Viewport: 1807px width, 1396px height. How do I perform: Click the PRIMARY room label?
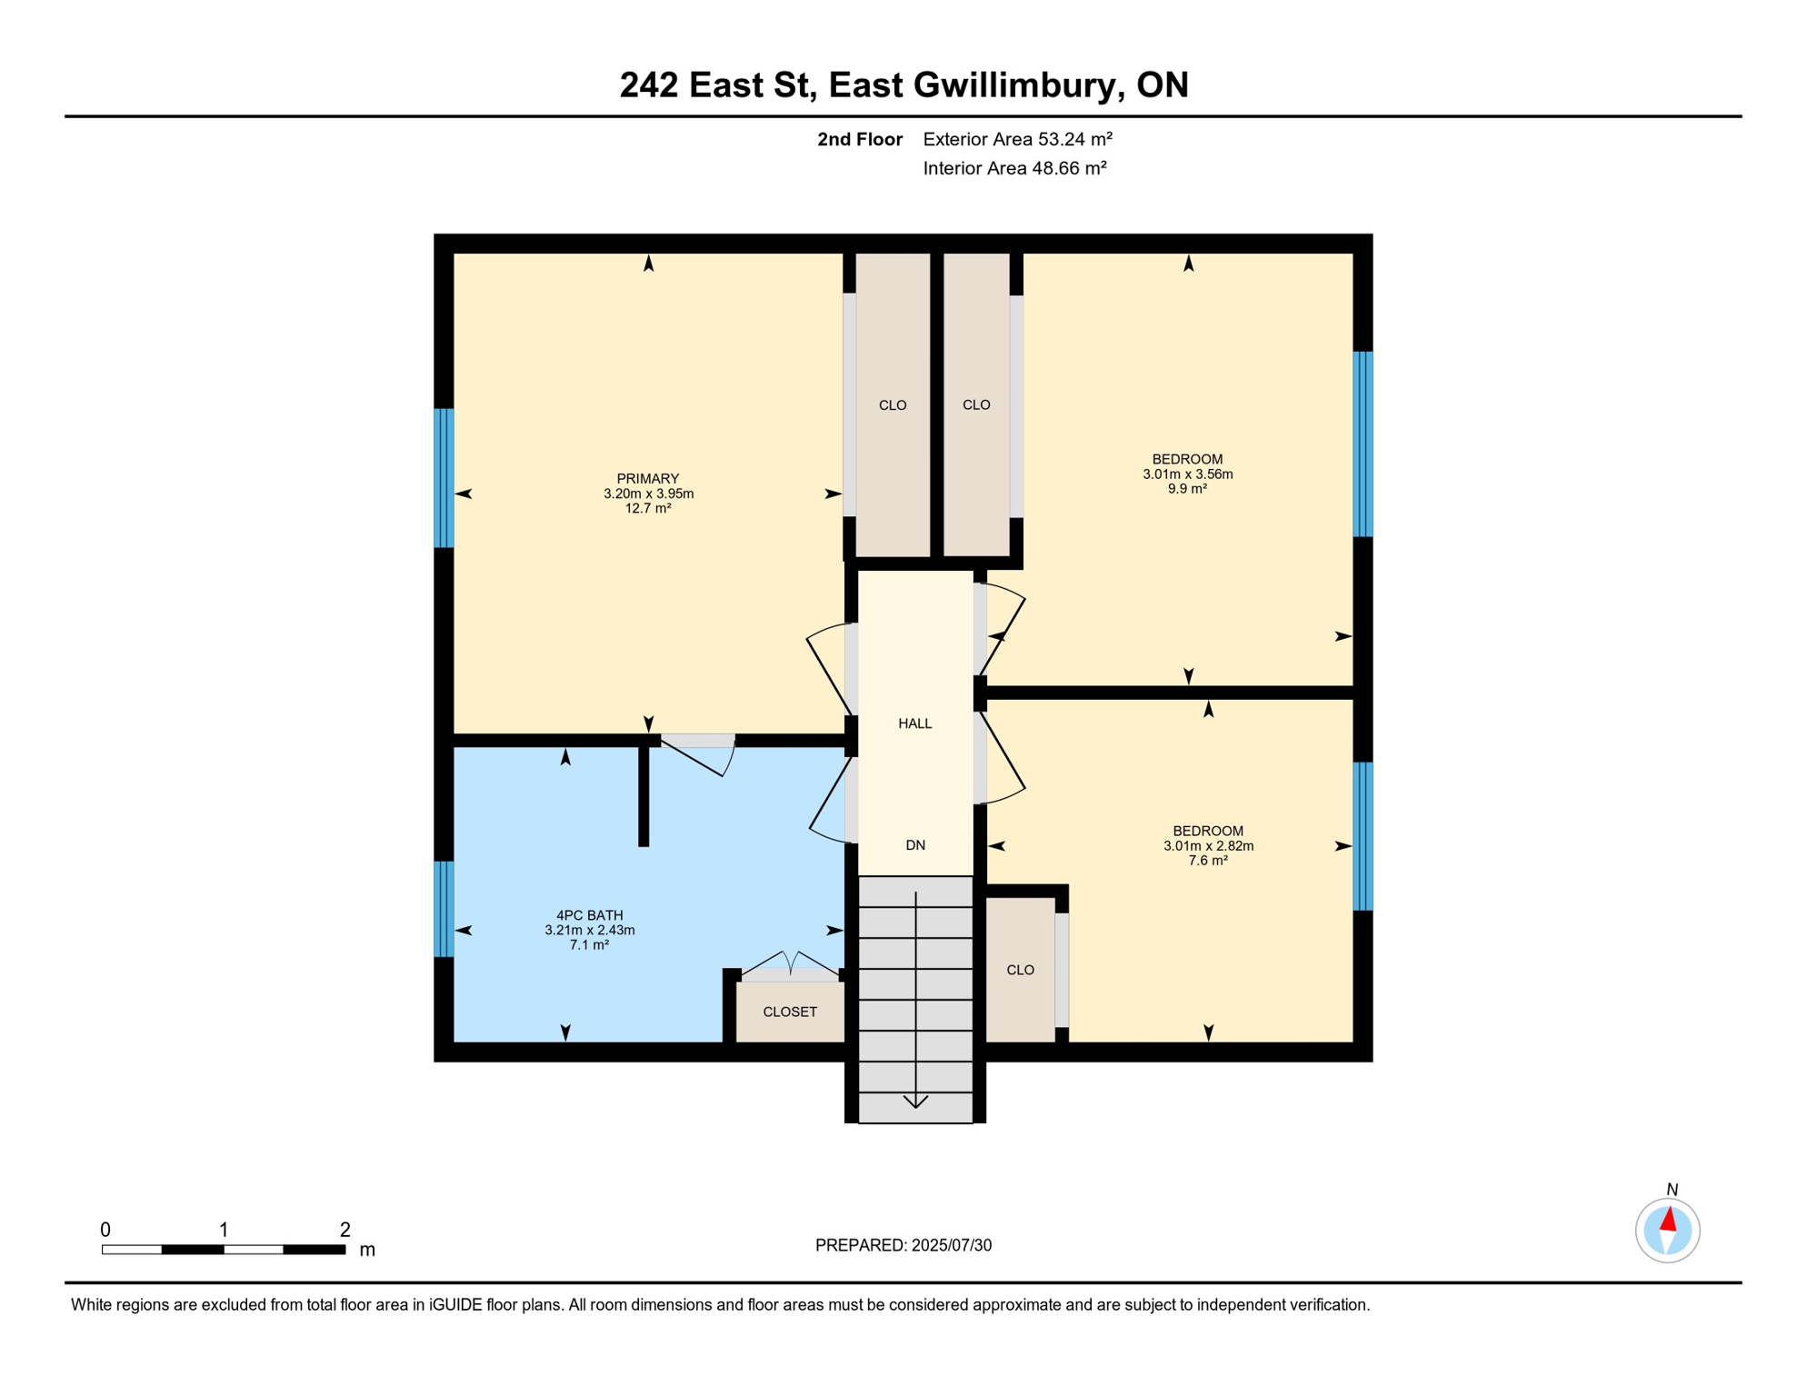(647, 479)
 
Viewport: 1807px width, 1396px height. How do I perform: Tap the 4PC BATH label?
(589, 915)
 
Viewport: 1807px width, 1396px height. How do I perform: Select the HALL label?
(914, 723)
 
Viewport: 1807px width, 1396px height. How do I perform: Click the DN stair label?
(914, 845)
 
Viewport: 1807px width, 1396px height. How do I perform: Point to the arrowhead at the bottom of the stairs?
(915, 1102)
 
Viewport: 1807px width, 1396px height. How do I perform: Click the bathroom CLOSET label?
(789, 1012)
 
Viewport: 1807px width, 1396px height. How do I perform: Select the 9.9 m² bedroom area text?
(1187, 489)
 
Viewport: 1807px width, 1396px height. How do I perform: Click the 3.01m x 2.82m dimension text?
(1208, 846)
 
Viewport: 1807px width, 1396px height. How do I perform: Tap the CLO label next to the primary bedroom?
(892, 405)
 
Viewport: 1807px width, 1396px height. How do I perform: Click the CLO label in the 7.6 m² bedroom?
(1020, 971)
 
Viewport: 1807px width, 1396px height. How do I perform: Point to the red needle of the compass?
(1669, 1219)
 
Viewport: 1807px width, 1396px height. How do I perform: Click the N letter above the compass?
(1672, 1190)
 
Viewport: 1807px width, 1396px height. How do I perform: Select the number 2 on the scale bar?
(344, 1230)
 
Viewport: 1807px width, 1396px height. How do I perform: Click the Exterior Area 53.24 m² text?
(1017, 139)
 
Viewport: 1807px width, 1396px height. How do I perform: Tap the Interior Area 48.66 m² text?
(1014, 168)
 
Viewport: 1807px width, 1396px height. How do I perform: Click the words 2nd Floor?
(859, 139)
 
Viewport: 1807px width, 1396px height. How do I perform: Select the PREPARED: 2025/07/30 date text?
(903, 1245)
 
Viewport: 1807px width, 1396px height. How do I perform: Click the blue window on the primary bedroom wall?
(444, 478)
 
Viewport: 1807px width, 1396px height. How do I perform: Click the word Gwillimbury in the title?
(1015, 85)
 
